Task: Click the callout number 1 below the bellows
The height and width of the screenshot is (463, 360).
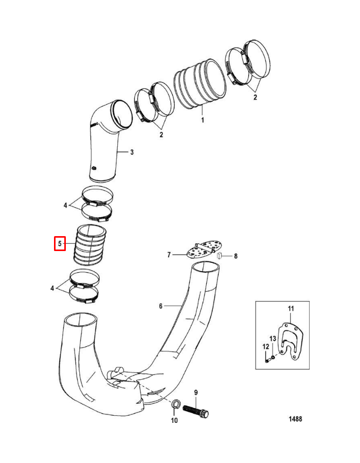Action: (203, 120)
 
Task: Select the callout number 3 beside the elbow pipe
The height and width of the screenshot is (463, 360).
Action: (132, 152)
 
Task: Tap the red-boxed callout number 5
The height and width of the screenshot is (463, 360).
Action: (60, 243)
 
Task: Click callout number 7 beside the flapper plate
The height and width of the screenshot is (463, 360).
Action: (168, 255)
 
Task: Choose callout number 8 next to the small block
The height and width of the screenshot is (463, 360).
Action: (236, 256)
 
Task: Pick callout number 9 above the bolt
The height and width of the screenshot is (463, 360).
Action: (196, 393)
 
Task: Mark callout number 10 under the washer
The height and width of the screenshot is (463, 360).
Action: (174, 421)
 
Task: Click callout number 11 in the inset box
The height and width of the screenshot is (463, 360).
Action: (290, 308)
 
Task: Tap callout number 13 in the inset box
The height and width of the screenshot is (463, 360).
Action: (273, 338)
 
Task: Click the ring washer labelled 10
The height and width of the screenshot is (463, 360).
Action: (175, 405)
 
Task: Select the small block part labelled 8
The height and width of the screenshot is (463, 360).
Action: (219, 256)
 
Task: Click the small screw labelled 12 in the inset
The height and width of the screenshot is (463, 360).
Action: (267, 360)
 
